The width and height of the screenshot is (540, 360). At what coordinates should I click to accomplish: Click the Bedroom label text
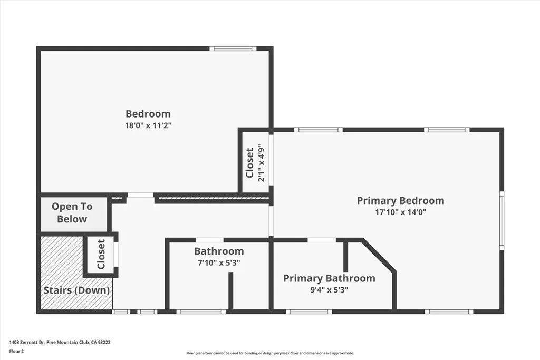[148, 113]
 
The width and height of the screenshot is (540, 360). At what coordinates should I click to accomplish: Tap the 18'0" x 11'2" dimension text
[148, 125]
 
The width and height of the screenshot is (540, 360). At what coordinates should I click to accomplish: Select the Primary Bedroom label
[400, 200]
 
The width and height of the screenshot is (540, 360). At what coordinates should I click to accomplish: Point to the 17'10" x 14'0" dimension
[400, 212]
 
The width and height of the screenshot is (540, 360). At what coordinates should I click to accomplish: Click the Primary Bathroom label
[329, 278]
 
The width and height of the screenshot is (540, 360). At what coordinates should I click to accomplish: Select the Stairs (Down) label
[76, 290]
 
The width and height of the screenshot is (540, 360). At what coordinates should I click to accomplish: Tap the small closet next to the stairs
[101, 254]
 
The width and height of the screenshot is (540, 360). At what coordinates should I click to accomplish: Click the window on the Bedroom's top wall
[233, 49]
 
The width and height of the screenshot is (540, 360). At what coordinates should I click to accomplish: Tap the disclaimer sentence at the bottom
[270, 353]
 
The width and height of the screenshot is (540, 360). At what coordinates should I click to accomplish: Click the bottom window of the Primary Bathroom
[309, 312]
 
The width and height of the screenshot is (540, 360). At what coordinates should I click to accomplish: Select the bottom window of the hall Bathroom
[201, 312]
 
